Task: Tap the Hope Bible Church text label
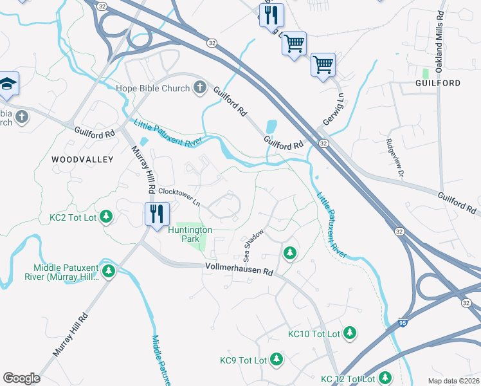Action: point(152,89)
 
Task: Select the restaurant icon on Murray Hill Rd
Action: point(157,213)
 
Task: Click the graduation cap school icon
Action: point(8,84)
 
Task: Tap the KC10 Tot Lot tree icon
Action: point(350,333)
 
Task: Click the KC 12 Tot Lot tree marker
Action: point(385,378)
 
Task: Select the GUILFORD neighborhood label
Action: point(438,84)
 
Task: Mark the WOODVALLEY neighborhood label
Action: point(82,160)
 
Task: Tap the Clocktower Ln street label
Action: point(179,196)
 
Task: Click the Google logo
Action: point(22,378)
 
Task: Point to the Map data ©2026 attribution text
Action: point(453,381)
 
